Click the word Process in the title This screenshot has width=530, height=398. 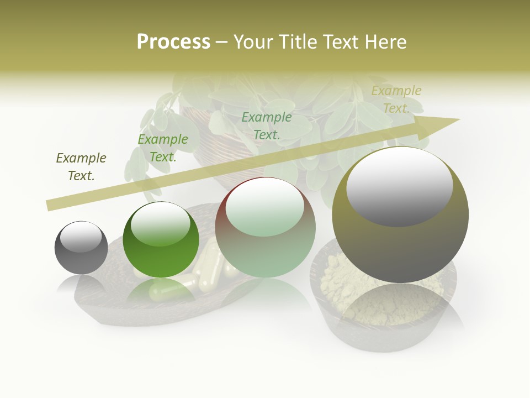tap(173, 42)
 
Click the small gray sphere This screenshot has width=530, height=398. tap(81, 248)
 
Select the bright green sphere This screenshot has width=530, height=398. tap(161, 240)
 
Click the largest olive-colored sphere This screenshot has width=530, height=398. tap(400, 215)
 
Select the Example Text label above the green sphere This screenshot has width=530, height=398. tap(163, 148)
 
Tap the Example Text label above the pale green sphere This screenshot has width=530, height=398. tap(267, 126)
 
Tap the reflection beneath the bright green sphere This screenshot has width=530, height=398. tap(161, 290)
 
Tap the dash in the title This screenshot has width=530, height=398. tap(222, 43)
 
